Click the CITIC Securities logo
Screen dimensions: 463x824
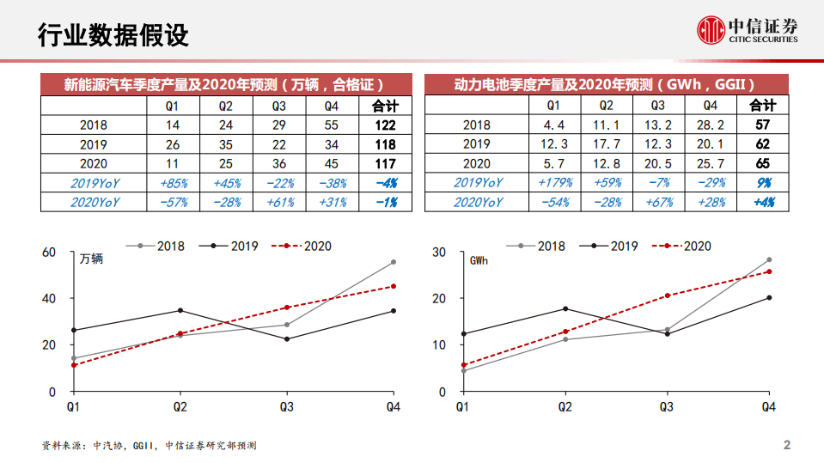[x=747, y=30]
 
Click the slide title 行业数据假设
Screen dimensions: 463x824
[x=113, y=35]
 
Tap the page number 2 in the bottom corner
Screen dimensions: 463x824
[x=786, y=446]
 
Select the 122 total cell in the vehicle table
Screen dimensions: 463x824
[x=385, y=125]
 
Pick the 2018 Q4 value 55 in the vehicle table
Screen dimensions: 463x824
[x=332, y=125]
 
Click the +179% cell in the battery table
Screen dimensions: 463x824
[x=554, y=183]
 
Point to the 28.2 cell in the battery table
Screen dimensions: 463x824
[x=710, y=125]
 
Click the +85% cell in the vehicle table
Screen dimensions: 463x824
[x=173, y=183]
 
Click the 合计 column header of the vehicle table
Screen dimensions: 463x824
[x=385, y=106]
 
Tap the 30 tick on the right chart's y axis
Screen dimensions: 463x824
[x=438, y=252]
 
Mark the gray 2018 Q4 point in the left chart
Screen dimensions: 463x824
[x=394, y=262]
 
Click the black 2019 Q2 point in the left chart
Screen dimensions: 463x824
[x=180, y=310]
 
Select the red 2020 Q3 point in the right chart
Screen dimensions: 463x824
[x=667, y=295]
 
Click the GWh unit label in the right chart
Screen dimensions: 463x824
[x=479, y=259]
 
